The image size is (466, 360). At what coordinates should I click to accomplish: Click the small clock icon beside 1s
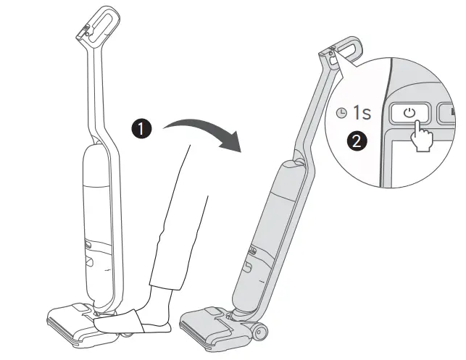[342, 114]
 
